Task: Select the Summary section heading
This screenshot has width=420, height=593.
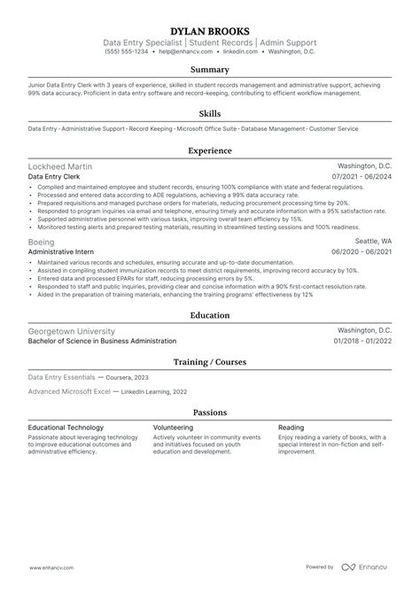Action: [210, 69]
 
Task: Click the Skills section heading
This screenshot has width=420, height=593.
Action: [210, 112]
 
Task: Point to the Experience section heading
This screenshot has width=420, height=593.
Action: [210, 150]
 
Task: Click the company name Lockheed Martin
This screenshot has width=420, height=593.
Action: [59, 166]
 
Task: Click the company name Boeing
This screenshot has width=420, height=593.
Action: [42, 241]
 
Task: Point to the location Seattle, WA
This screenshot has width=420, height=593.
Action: [372, 241]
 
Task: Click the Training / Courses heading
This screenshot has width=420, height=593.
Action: [210, 362]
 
